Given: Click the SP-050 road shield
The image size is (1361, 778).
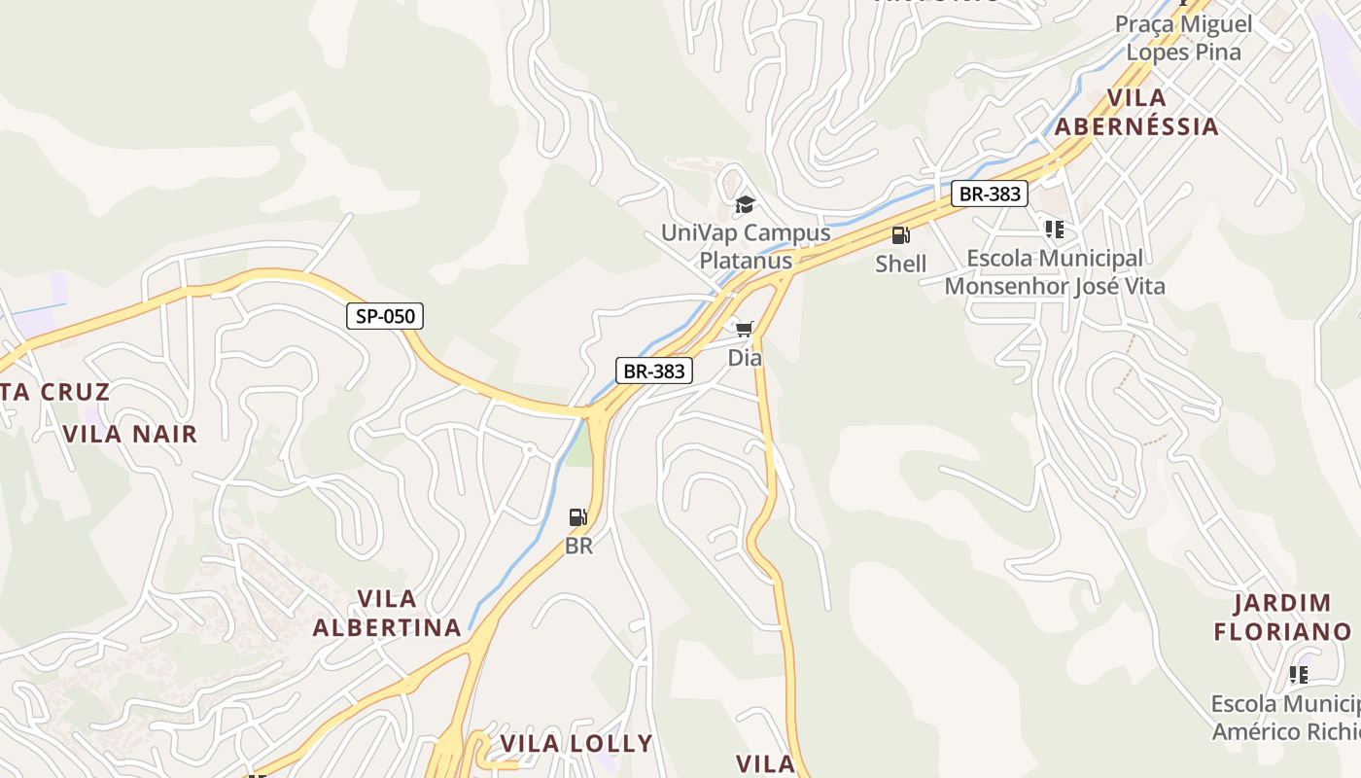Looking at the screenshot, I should [x=386, y=316].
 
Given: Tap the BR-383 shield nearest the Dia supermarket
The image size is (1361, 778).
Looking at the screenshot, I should [x=654, y=371].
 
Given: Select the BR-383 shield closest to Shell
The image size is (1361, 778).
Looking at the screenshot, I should [x=990, y=194].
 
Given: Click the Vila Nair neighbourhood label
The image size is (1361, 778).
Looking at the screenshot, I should [x=130, y=434].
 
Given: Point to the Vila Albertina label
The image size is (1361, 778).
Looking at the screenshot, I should [x=387, y=613].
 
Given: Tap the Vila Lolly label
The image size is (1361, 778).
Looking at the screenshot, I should [x=576, y=744].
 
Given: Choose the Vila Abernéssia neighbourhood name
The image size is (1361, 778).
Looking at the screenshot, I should [x=1136, y=112].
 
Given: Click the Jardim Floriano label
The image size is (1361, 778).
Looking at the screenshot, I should [x=1282, y=618].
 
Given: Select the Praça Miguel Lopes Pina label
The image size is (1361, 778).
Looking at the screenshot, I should [x=1183, y=37].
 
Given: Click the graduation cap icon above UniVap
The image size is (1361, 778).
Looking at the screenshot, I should [x=745, y=204].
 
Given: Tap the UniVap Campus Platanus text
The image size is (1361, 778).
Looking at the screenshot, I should [x=746, y=246].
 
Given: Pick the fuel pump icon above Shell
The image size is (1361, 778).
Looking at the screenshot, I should [x=900, y=235].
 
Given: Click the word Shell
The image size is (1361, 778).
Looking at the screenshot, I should [x=900, y=264].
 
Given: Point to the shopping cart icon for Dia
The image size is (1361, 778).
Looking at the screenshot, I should [x=745, y=330].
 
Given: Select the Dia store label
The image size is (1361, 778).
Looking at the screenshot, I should [x=745, y=358].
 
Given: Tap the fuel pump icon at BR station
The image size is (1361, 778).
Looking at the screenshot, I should [x=578, y=517].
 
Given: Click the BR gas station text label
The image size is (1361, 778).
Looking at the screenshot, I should [x=578, y=546].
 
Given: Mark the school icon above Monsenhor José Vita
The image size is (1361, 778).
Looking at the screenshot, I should [x=1054, y=230].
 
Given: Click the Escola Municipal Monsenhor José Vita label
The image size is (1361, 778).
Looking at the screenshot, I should [x=1055, y=272].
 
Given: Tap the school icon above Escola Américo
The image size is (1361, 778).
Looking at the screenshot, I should [x=1298, y=674].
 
